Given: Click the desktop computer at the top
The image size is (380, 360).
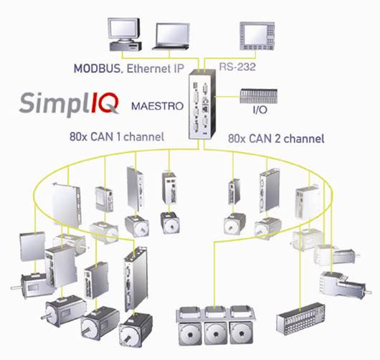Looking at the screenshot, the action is click(x=125, y=34).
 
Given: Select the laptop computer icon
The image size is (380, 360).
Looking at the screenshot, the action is click(x=171, y=37).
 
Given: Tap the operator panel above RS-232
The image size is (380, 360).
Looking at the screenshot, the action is click(x=257, y=36).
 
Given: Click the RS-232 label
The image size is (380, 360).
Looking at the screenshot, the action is click(x=237, y=67).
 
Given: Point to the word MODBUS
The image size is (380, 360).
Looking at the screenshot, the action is click(x=97, y=69).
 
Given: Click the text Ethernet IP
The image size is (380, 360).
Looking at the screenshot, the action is click(x=156, y=69).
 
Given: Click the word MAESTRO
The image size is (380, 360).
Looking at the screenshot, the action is click(x=157, y=106).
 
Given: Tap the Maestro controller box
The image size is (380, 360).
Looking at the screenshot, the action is click(x=202, y=104).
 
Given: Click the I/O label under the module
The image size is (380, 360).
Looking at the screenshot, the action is click(x=260, y=110).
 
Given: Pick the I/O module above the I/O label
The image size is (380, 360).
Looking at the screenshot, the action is click(x=259, y=96).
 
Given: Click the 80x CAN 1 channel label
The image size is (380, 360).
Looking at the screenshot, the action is click(x=117, y=137).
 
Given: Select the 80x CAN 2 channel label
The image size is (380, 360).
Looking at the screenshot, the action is click(x=276, y=139).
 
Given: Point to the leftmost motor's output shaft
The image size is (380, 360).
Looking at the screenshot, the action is click(x=16, y=288).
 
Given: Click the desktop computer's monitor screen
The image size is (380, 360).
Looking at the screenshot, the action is click(x=123, y=29).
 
